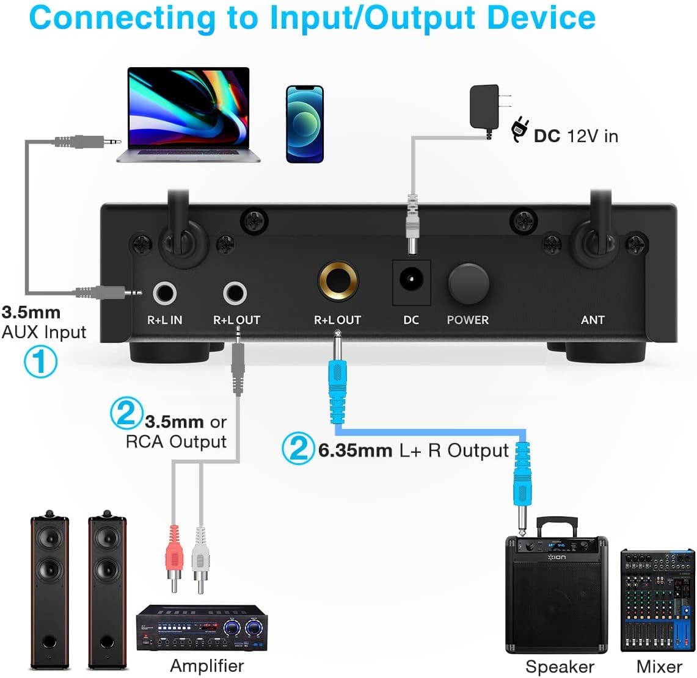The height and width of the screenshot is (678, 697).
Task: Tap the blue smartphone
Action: click(x=304, y=124)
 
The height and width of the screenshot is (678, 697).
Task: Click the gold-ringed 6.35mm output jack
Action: click(x=337, y=282)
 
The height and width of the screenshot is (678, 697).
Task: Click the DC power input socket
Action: click(x=411, y=283)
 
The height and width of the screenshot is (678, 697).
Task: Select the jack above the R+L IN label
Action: click(x=164, y=294)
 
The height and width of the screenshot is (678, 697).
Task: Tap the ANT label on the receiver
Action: click(x=593, y=320)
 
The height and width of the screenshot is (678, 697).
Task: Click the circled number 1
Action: click(x=40, y=361)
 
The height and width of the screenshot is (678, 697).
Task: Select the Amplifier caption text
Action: click(x=206, y=665)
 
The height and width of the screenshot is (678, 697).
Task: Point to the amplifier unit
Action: click(x=202, y=629)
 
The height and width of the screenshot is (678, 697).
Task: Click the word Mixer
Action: click(x=659, y=666)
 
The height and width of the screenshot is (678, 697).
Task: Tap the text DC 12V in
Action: click(x=575, y=135)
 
